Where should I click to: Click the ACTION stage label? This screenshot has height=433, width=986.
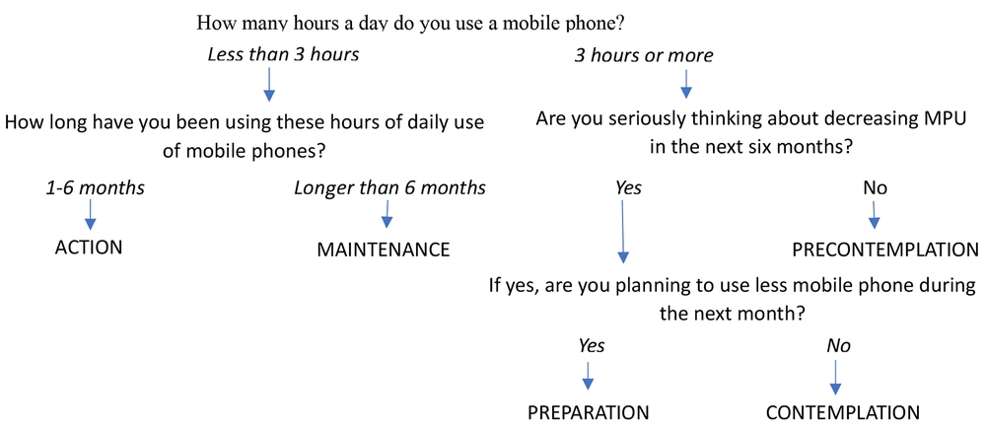pyautogui.click(x=88, y=248)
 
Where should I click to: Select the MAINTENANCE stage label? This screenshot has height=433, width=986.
pyautogui.click(x=384, y=250)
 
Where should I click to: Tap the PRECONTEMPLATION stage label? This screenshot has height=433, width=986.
pyautogui.click(x=884, y=250)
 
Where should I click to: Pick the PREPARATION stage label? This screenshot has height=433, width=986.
pyautogui.click(x=588, y=412)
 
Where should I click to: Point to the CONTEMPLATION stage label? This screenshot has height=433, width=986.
pyautogui.click(x=843, y=412)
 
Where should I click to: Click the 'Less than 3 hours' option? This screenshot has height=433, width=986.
pyautogui.click(x=283, y=55)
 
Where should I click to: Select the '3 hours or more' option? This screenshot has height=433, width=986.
pyautogui.click(x=643, y=55)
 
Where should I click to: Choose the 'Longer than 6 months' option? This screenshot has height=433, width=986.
pyautogui.click(x=389, y=187)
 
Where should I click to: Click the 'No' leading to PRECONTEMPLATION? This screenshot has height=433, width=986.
pyautogui.click(x=876, y=188)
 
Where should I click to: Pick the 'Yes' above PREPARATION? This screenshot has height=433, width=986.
pyautogui.click(x=592, y=345)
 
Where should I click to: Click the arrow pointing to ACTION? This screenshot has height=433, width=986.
pyautogui.click(x=90, y=214)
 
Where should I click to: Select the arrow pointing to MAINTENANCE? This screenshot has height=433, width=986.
pyautogui.click(x=387, y=214)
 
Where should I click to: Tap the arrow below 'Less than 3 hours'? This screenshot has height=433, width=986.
pyautogui.click(x=269, y=84)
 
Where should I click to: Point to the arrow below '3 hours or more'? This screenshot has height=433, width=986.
pyautogui.click(x=686, y=84)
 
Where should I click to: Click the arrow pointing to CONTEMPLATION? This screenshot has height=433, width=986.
pyautogui.click(x=836, y=377)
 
